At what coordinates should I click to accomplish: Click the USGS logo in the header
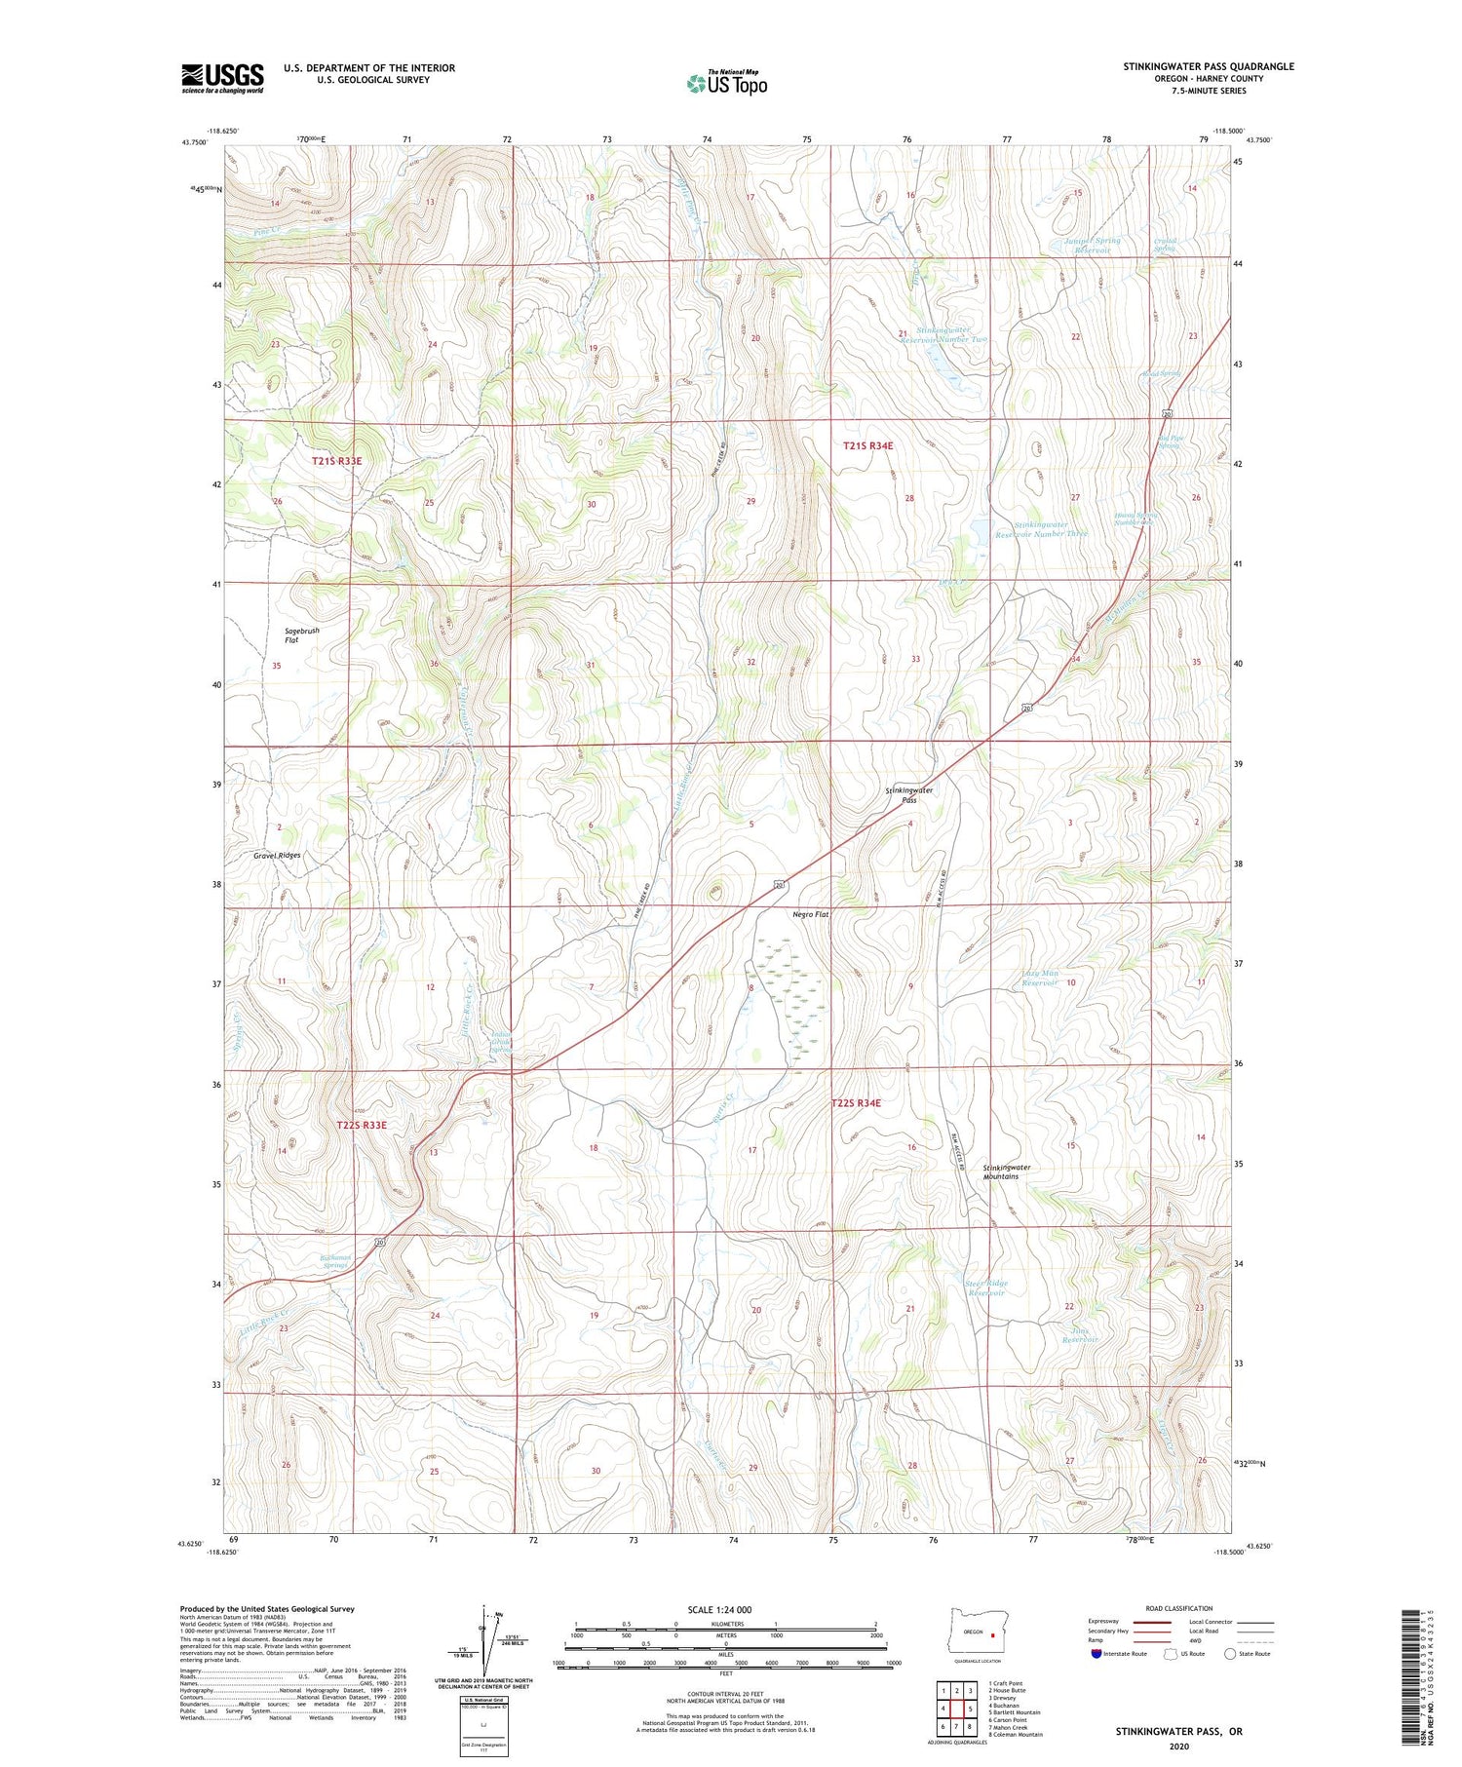pos(222,78)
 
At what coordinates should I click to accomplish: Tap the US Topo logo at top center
pos(726,83)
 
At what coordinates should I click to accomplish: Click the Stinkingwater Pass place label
pos(908,794)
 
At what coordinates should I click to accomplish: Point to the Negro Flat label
pos(810,914)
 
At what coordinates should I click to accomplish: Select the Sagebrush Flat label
pos(301,635)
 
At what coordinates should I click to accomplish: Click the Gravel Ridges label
pos(277,855)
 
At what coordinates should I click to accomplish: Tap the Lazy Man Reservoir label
pos(1039,978)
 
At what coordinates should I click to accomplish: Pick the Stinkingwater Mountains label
pos(1006,1172)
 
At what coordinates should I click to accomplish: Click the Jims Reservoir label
pos(1079,1335)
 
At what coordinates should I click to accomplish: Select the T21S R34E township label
pos(867,445)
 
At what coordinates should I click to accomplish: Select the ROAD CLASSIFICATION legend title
pos(1179,1608)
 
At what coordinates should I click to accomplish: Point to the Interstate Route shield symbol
pos(1096,1654)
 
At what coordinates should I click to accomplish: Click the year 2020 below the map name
pos(1179,1747)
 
